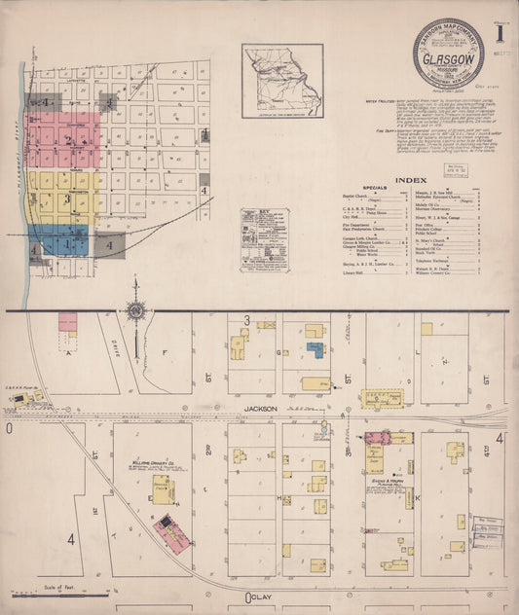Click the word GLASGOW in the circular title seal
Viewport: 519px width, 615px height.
(449, 69)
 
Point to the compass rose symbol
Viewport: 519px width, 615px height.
(135, 310)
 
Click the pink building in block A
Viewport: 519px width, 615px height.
(68, 321)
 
